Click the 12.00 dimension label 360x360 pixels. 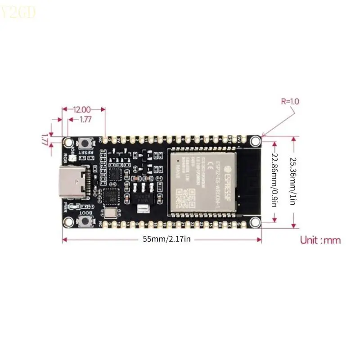click(x=82, y=109)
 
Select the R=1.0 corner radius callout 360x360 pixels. click(x=290, y=102)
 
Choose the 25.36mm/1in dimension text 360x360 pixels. click(x=293, y=180)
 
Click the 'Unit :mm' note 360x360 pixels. click(x=320, y=240)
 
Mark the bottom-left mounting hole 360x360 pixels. click(x=68, y=221)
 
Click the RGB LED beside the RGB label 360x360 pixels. click(x=73, y=151)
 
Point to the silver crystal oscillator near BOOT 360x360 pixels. click(x=109, y=212)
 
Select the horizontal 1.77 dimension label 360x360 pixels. click(x=85, y=120)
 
